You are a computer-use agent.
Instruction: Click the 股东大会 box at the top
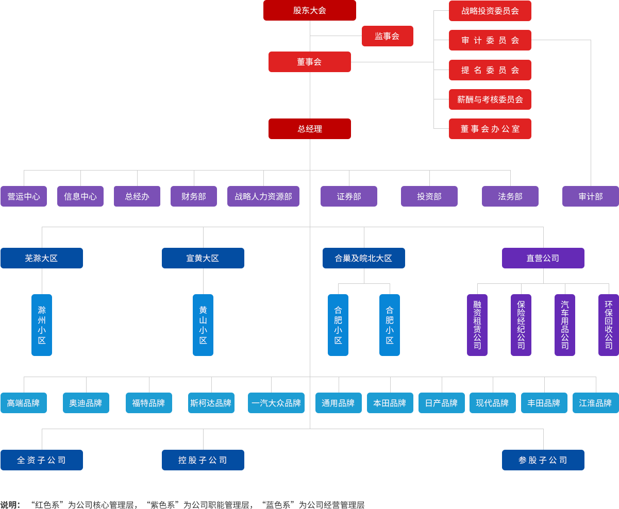tap(309, 10)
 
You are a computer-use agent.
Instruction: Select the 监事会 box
tap(387, 36)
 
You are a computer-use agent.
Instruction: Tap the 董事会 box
tap(309, 62)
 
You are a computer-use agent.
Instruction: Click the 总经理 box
tap(309, 129)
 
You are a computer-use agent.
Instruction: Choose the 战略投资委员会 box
tap(490, 11)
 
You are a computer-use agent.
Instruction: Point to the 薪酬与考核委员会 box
tap(490, 99)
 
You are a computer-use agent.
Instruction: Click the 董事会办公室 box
tap(490, 129)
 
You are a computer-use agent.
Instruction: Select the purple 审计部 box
tap(590, 196)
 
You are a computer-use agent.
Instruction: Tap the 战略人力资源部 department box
tap(263, 196)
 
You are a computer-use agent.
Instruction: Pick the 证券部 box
tap(348, 196)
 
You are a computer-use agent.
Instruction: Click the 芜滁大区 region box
tap(41, 258)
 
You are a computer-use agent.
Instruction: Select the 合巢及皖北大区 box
tap(363, 258)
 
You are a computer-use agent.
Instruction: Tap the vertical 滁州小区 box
tap(42, 325)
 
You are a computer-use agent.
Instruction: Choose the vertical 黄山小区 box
tap(203, 325)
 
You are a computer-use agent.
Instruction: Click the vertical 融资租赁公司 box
tap(477, 325)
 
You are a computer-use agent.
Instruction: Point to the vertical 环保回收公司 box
tap(608, 325)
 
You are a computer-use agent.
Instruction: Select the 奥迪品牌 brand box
tap(86, 403)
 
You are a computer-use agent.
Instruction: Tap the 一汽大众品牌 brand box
tap(276, 403)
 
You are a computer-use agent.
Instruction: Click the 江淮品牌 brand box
tap(595, 403)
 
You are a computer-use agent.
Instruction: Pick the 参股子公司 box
tap(543, 460)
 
